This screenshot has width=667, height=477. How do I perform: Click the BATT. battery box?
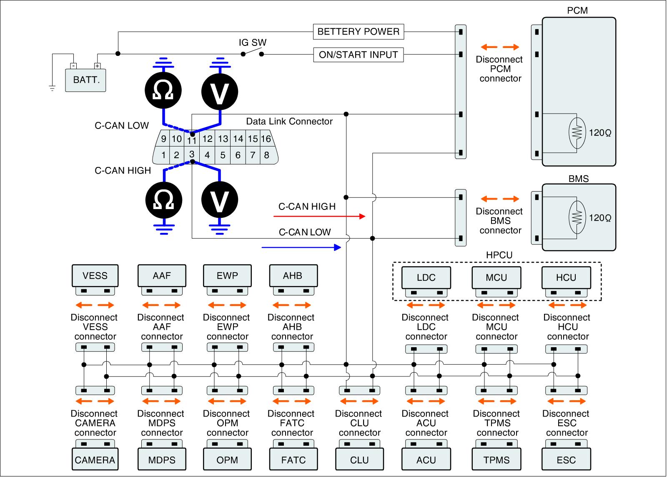pos(85,80)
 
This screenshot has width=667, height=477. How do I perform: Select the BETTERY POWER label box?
pos(359,32)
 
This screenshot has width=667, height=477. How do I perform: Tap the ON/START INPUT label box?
pos(359,55)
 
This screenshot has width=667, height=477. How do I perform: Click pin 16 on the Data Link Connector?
pos(266,139)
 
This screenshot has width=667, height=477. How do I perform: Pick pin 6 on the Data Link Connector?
pos(238,155)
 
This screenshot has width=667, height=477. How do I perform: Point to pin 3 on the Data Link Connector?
pos(192,154)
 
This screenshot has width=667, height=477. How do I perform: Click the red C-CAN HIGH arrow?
pos(319,216)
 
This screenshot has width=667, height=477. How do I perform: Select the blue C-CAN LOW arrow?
pos(301,247)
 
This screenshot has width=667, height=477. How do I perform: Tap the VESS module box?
pos(95,275)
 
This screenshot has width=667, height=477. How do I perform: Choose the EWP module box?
pos(227,275)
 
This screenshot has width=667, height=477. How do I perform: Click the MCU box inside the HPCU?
pos(496,278)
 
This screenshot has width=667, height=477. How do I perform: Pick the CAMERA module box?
pos(95,459)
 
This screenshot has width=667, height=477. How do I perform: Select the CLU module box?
pos(359,459)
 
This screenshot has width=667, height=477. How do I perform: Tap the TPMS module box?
pos(496,459)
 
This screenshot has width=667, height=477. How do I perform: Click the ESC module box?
pos(566,459)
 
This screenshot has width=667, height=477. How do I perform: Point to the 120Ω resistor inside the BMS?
pos(577,217)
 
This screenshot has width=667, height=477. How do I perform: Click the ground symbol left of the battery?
pos(52,88)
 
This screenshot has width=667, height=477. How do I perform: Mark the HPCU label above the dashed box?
pos(499,255)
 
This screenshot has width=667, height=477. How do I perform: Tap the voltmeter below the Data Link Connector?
pos(220,200)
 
